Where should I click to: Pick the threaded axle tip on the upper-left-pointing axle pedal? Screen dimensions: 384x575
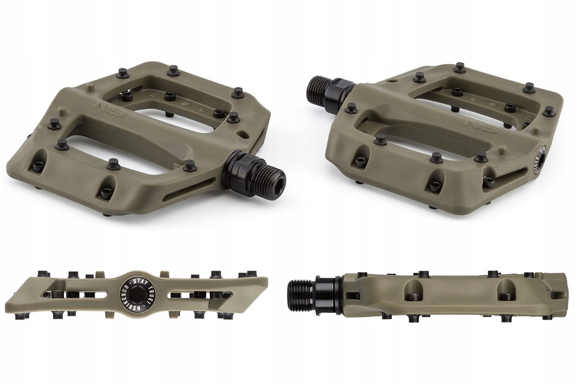pyautogui.click(x=320, y=89)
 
